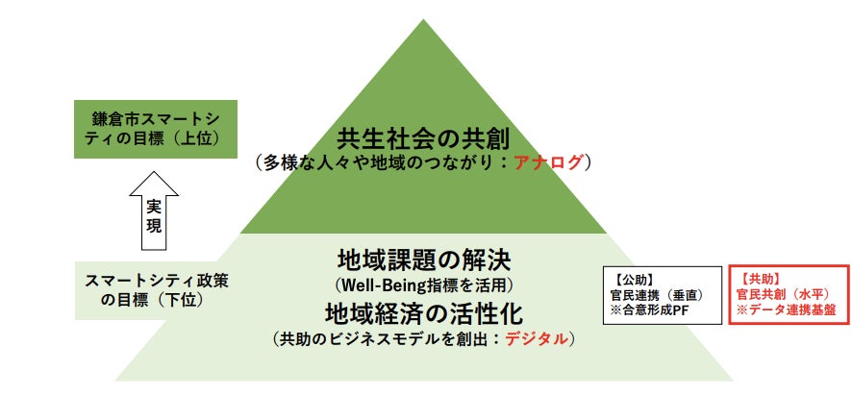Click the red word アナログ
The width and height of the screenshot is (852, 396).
(x=549, y=162)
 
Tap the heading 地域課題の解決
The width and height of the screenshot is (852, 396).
(x=423, y=260)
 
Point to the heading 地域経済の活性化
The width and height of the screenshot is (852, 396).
(x=423, y=313)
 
